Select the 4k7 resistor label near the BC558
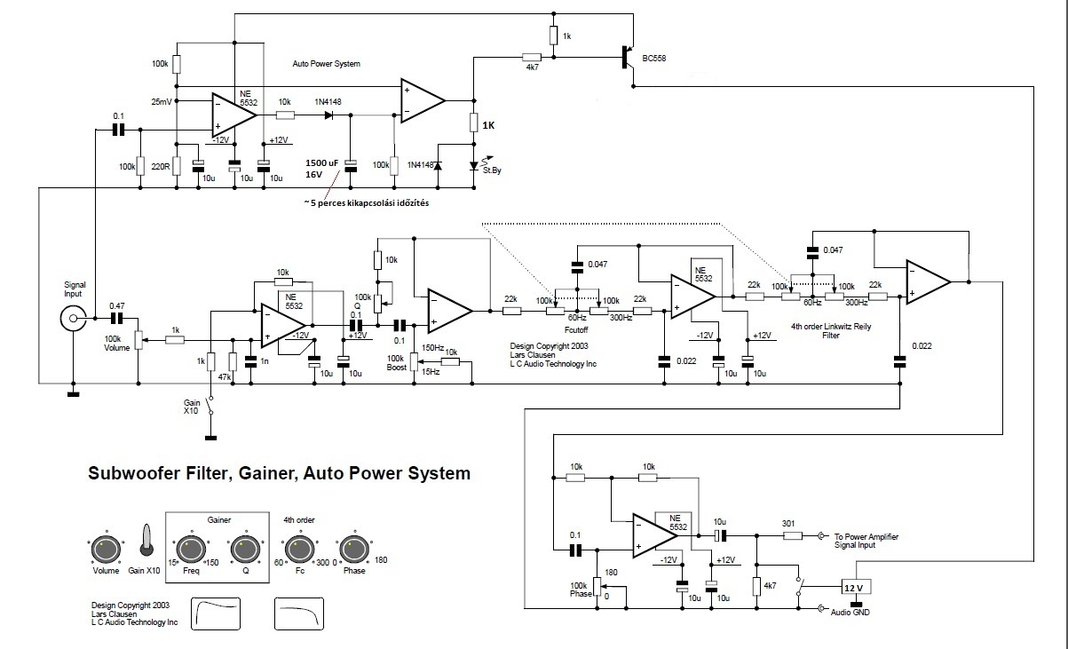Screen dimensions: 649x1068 tap(532, 67)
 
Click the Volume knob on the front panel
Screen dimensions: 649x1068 tap(106, 550)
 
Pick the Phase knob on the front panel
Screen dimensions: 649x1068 tap(352, 550)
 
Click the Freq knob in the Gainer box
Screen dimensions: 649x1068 tap(190, 550)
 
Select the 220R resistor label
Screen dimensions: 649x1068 tap(162, 165)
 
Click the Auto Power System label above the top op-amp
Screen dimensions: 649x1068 tap(327, 64)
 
